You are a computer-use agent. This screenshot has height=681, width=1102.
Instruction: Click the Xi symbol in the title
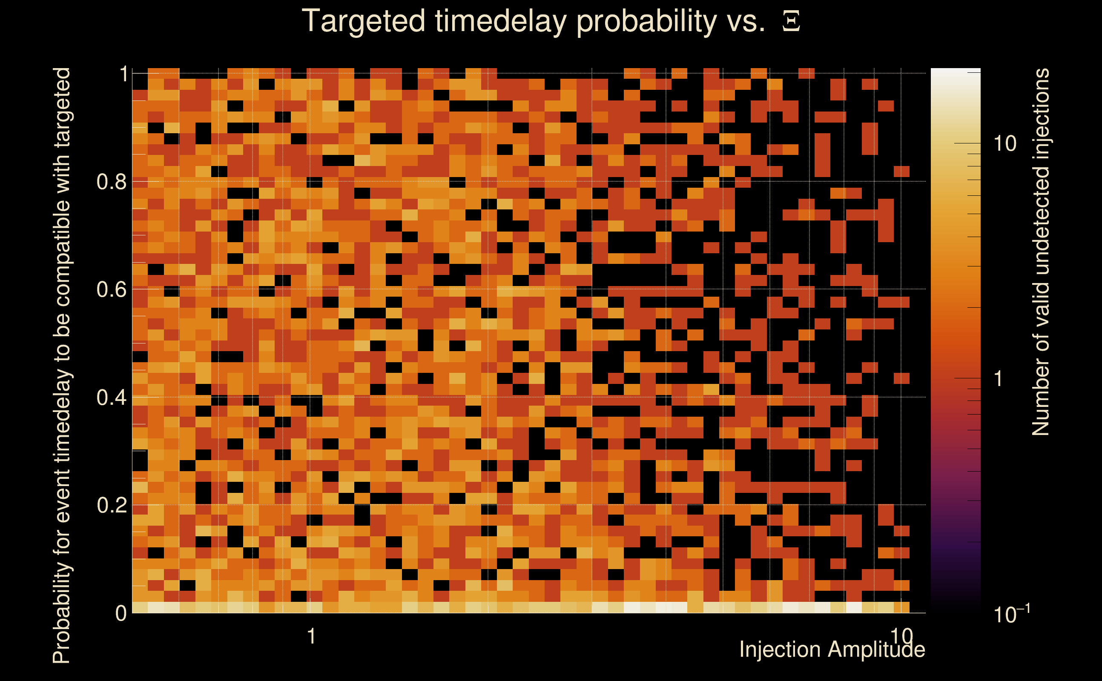[791, 21]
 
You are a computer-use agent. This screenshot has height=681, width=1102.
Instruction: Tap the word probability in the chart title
[647, 21]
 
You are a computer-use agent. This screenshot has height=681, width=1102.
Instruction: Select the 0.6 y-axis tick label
[112, 289]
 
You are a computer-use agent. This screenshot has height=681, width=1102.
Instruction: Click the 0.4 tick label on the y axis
[112, 397]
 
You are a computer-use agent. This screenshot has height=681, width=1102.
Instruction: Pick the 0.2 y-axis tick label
[112, 505]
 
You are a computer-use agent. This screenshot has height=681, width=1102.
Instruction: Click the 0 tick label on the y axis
[121, 613]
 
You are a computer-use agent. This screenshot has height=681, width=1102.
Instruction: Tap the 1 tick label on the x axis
[311, 636]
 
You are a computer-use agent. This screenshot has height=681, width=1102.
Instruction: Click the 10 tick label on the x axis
[901, 636]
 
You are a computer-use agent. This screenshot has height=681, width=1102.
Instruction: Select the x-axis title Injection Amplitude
[832, 650]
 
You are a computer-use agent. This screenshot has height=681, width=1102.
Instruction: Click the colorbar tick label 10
[1005, 144]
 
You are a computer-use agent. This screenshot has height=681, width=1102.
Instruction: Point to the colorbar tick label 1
[999, 379]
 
